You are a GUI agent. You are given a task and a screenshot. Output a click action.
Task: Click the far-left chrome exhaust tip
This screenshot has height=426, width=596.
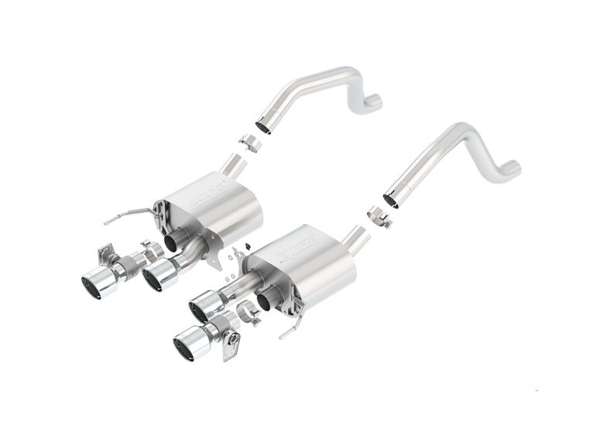tap(98, 283)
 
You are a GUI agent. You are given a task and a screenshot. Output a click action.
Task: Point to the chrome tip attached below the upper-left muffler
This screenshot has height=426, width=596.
tap(159, 275)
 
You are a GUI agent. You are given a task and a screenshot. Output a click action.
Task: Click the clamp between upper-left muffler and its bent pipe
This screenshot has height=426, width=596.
tap(248, 143)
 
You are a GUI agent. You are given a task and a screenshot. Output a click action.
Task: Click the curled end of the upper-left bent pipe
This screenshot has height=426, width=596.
tap(373, 100)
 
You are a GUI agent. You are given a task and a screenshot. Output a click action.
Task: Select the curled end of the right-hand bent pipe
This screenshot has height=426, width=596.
tap(511, 167)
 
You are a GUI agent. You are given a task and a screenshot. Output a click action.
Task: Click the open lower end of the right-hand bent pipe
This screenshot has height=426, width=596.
tap(392, 200)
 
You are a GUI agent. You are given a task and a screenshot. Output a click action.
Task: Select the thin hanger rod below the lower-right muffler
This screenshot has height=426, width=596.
tap(289, 329)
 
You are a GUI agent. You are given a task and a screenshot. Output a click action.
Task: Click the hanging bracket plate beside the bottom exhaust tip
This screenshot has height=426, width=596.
tap(230, 346)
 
